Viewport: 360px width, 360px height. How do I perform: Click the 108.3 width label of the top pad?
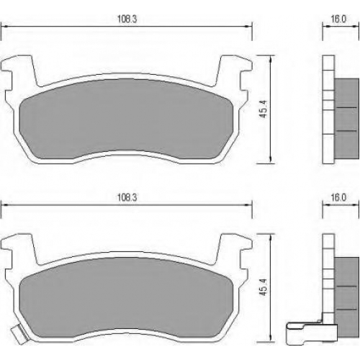point(127,19)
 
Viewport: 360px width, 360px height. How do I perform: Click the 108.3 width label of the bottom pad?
point(127,197)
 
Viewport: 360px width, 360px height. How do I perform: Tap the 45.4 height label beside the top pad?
point(264,109)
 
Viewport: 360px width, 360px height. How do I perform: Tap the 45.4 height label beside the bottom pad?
point(264,287)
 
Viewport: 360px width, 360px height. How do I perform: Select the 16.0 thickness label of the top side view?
point(338,19)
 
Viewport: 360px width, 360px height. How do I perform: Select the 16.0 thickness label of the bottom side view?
point(338,197)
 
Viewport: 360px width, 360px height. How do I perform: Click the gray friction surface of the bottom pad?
point(125,297)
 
